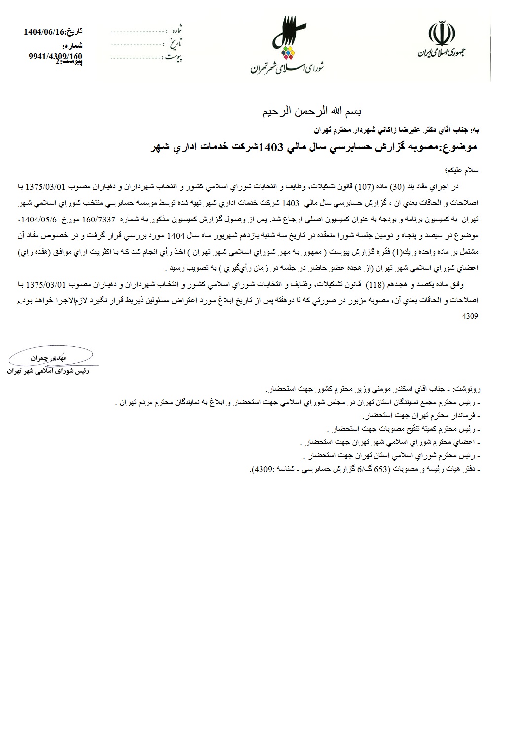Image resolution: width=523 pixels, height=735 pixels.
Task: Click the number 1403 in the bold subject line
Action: coord(271,147)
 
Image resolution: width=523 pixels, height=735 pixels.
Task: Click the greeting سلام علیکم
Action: coord(464,170)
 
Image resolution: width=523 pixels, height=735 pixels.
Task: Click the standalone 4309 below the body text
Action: coord(470,315)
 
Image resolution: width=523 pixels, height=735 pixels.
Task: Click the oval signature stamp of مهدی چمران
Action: coord(50,356)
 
